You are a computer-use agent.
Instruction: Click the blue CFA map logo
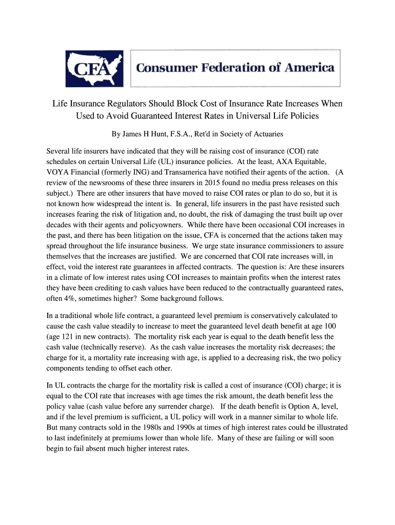click(x=94, y=69)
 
